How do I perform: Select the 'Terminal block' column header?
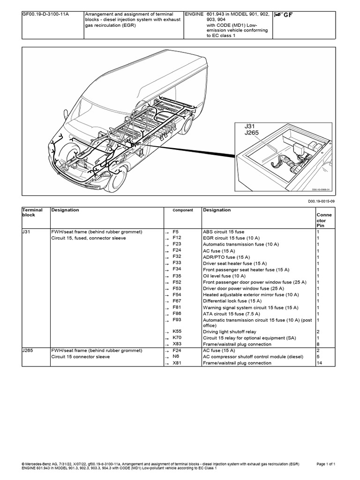[32, 213]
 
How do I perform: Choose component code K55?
[177, 331]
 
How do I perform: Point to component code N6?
[175, 356]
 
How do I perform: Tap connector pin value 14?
[319, 363]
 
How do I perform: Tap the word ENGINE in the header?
[194, 15]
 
